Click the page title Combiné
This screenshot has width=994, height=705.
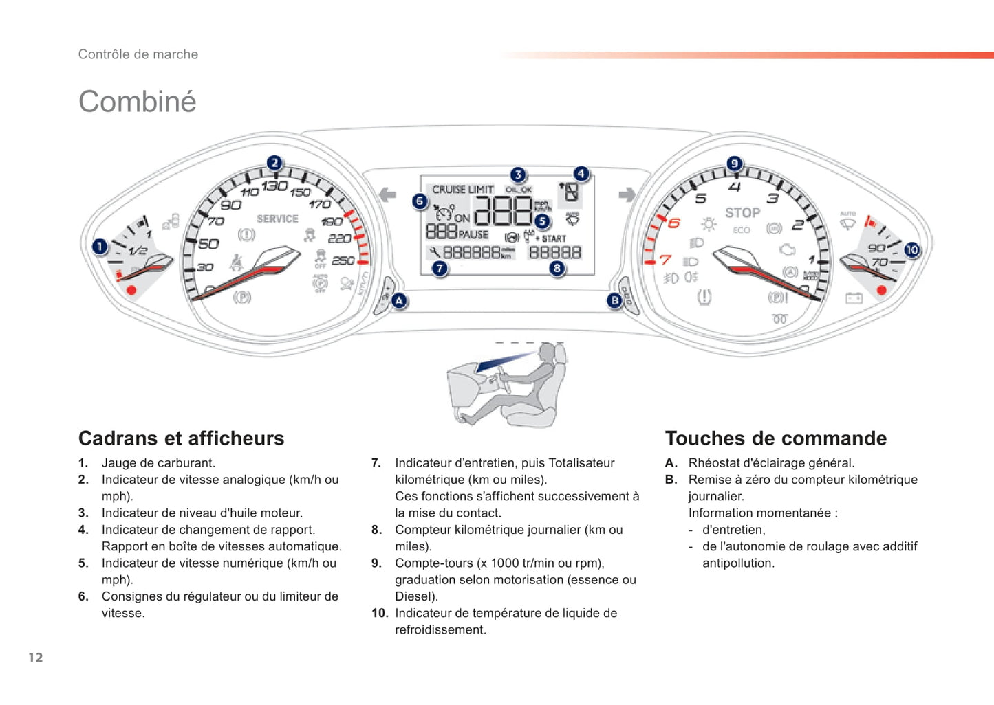(x=138, y=102)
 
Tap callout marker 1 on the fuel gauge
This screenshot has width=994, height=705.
(x=100, y=246)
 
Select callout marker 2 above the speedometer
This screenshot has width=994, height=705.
(x=274, y=163)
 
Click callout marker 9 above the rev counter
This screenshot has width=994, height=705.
(x=735, y=164)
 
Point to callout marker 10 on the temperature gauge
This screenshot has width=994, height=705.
(x=911, y=250)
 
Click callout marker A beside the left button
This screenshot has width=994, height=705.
(x=399, y=300)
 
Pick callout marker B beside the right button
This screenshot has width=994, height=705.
(x=614, y=300)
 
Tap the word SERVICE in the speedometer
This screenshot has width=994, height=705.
(x=277, y=219)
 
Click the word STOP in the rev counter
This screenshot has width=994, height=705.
(x=742, y=213)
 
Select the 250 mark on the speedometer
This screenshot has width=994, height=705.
(x=343, y=260)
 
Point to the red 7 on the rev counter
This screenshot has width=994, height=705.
(x=665, y=260)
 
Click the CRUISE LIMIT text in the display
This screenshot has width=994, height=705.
(x=462, y=190)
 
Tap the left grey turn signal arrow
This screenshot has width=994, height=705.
(x=387, y=195)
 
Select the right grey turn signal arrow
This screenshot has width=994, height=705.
(x=627, y=195)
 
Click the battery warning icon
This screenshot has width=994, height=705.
(x=854, y=298)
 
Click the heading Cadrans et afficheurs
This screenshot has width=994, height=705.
(x=181, y=438)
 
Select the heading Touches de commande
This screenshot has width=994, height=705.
(x=775, y=438)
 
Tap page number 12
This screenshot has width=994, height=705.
(x=36, y=658)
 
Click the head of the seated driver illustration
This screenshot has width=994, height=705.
(x=548, y=353)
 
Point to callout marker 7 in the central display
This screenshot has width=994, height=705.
(x=440, y=269)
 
